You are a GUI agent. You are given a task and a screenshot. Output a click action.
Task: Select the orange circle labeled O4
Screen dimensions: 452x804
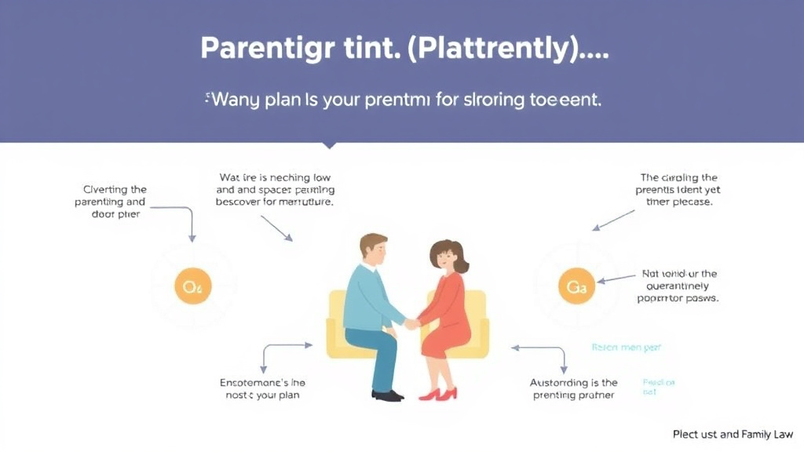point(192,287)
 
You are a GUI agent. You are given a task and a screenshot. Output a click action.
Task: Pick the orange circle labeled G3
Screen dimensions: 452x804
point(576,287)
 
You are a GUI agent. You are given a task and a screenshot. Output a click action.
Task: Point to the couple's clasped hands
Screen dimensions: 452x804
point(411,323)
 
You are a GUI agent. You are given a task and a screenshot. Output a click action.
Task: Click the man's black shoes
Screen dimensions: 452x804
point(386,395)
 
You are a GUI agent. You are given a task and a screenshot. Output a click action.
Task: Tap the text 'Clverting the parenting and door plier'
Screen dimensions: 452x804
point(115,202)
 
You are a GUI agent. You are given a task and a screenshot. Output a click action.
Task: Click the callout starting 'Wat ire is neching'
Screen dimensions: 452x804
point(275,189)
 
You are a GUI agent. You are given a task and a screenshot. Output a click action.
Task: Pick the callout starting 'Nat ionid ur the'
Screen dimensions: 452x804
point(680,286)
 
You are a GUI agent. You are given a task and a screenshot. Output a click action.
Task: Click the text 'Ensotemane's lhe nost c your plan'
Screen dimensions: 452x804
point(262,388)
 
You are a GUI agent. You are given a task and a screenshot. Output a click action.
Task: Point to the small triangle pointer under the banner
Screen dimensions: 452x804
point(330,146)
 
